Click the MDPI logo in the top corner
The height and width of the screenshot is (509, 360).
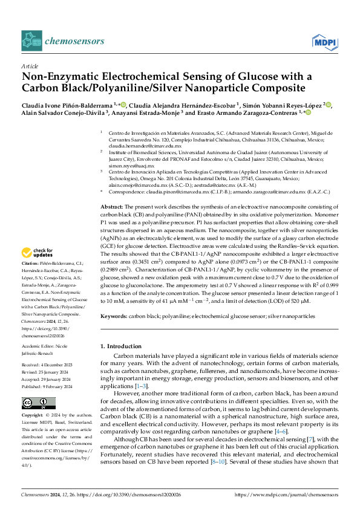[324, 41]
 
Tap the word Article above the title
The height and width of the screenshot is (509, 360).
[29, 67]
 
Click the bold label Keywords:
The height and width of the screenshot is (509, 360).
[114, 316]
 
